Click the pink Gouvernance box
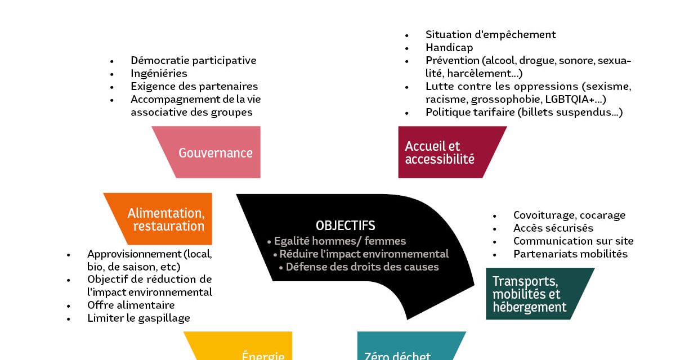pyautogui.click(x=214, y=152)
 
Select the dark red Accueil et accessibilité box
pyautogui.click(x=445, y=152)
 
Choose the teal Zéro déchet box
pyautogui.click(x=405, y=349)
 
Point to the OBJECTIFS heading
pyautogui.click(x=345, y=226)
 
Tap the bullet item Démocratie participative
pyautogui.click(x=193, y=60)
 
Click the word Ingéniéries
pyautogui.click(x=159, y=73)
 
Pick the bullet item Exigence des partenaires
pyautogui.click(x=194, y=86)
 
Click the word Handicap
pyautogui.click(x=449, y=47)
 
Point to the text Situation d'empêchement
pyautogui.click(x=490, y=34)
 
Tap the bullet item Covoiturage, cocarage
pyautogui.click(x=569, y=215)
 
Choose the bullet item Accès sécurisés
pyautogui.click(x=553, y=228)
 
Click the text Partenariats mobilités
pyautogui.click(x=570, y=254)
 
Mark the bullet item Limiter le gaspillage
pyautogui.click(x=138, y=318)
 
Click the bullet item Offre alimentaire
pyautogui.click(x=131, y=305)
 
